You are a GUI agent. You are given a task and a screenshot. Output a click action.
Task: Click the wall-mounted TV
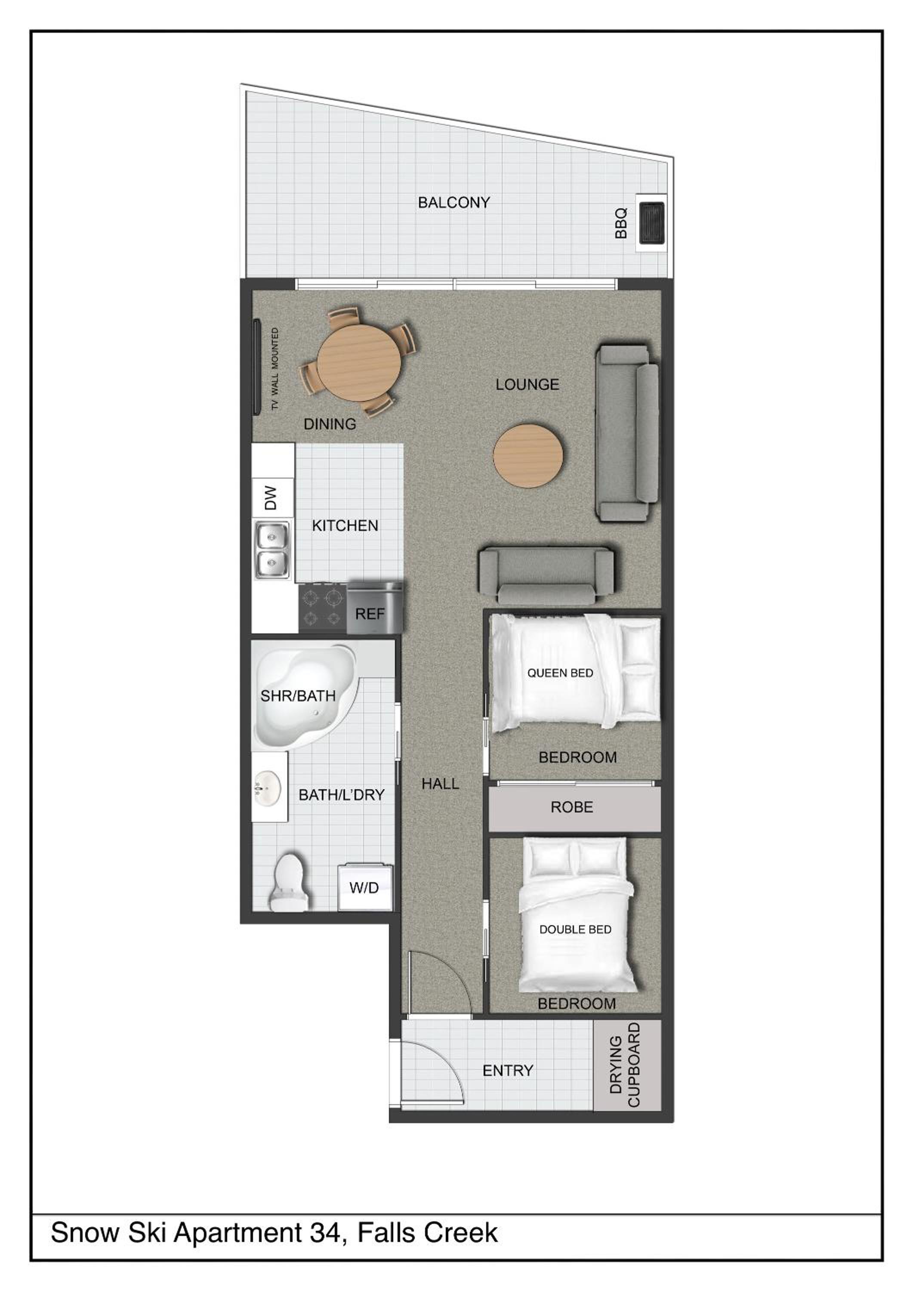coord(256,367)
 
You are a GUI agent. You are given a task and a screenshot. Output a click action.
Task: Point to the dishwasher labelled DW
coord(272,497)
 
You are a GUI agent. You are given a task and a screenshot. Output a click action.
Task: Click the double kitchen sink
coord(273,550)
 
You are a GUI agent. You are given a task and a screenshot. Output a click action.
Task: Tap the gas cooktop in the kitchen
coord(322,608)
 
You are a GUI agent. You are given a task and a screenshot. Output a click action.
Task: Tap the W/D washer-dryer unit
coord(364,887)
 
